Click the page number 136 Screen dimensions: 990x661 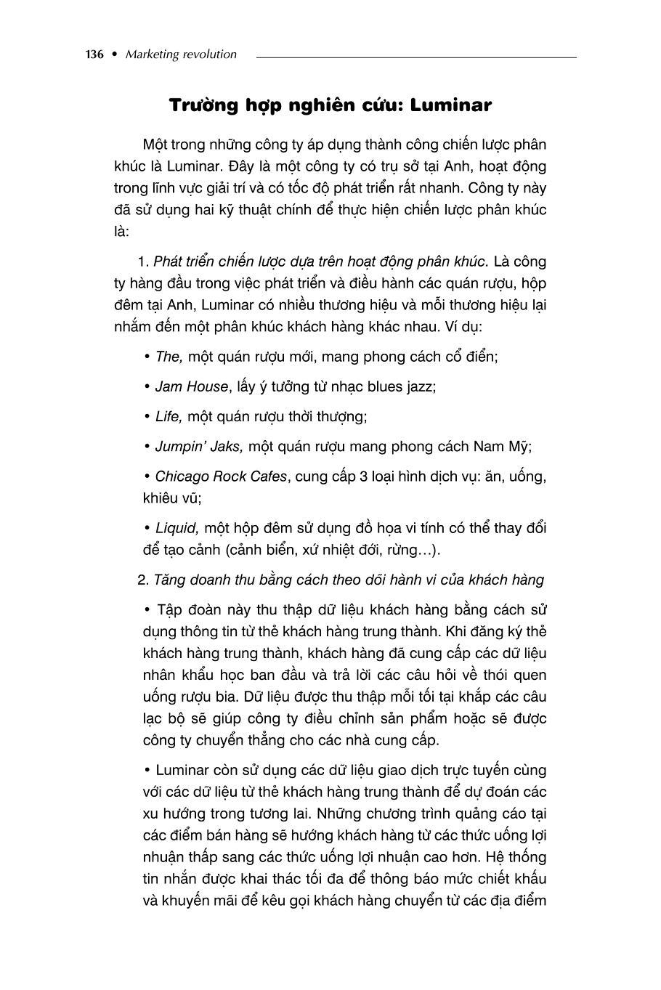click(x=95, y=54)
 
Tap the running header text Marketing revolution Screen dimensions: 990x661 click(x=181, y=54)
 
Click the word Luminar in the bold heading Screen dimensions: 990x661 click(x=451, y=106)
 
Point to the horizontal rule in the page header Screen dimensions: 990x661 click(x=416, y=56)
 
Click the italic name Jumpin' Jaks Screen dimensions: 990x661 click(x=198, y=447)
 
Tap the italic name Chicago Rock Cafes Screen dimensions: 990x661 click(x=222, y=477)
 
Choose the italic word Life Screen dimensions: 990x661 click(x=169, y=417)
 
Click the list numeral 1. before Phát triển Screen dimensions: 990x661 click(x=142, y=261)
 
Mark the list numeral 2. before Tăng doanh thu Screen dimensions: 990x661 click(x=142, y=580)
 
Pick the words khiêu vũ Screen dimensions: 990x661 click(x=171, y=499)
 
